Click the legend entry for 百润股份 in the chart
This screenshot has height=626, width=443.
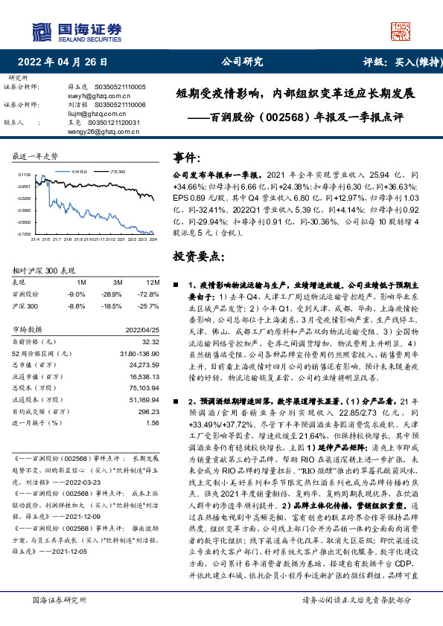click(x=80, y=170)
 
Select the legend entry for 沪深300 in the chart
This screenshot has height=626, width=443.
click(x=116, y=170)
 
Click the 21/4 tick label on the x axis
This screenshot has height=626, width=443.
click(x=35, y=239)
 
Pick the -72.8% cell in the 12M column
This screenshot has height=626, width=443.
click(x=150, y=294)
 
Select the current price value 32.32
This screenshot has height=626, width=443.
click(x=151, y=341)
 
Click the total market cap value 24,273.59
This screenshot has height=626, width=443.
click(x=145, y=366)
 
